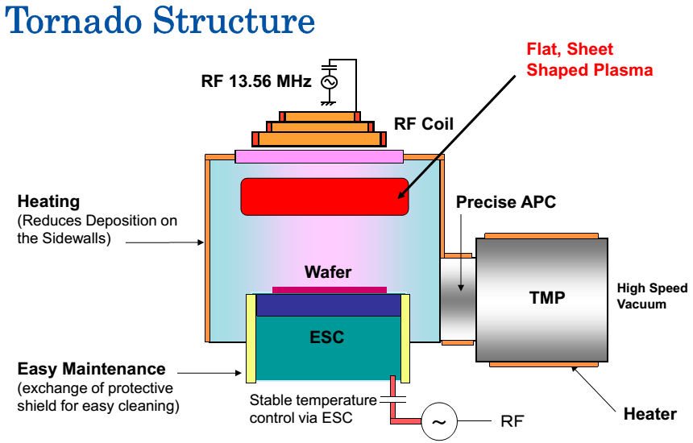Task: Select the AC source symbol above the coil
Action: [x=329, y=81]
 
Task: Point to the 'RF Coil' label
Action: [x=424, y=124]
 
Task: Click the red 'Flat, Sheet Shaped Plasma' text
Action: [x=589, y=61]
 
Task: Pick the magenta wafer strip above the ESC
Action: [x=329, y=288]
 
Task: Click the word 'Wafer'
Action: [x=328, y=272]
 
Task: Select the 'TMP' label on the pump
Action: [x=547, y=297]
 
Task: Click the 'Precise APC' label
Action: [x=506, y=201]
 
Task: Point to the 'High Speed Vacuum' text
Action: [x=652, y=296]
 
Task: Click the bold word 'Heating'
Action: [x=49, y=201]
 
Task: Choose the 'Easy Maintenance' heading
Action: [x=92, y=370]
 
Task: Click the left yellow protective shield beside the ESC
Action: [x=251, y=337]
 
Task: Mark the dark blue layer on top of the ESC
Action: [x=328, y=305]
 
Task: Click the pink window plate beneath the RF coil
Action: [x=319, y=155]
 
